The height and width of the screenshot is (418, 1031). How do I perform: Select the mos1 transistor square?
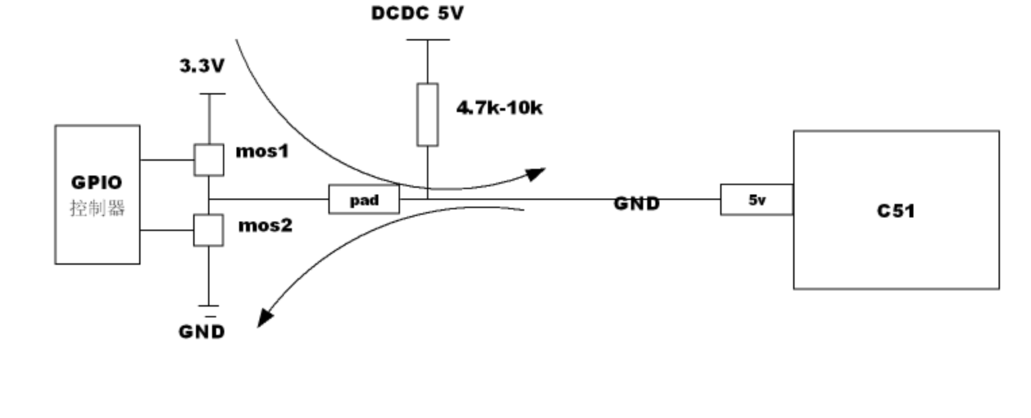tap(209, 160)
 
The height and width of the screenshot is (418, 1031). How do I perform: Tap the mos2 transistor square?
tap(208, 230)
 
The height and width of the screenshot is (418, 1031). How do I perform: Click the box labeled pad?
tap(363, 200)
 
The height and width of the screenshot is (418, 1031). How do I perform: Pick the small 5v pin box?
tap(757, 200)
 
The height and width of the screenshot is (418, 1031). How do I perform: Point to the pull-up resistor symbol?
tap(427, 115)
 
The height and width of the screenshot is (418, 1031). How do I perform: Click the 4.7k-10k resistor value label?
tap(499, 108)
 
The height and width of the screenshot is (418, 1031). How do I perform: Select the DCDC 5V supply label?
tap(418, 14)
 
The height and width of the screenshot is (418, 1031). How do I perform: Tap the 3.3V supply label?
tap(201, 66)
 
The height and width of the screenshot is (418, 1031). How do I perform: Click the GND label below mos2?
tap(201, 332)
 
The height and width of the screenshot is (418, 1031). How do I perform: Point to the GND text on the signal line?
tap(636, 203)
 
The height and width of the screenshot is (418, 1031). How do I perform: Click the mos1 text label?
tap(262, 151)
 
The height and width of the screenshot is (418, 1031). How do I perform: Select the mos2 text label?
tap(265, 226)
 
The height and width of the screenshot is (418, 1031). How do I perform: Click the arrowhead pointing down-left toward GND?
tap(266, 318)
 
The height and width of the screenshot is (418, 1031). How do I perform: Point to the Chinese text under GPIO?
tap(97, 208)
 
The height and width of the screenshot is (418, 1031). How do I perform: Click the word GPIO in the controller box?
tap(97, 183)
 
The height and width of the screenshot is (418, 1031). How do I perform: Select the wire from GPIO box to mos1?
tap(167, 160)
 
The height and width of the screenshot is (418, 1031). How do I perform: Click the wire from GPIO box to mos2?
tap(167, 230)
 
